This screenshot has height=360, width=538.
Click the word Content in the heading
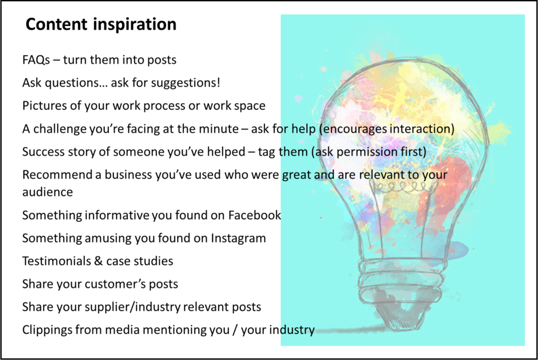pyautogui.click(x=57, y=24)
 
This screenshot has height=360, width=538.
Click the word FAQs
pyautogui.click(x=36, y=60)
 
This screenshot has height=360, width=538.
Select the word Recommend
pyautogui.click(x=57, y=174)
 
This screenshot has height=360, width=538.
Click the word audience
pyautogui.click(x=47, y=192)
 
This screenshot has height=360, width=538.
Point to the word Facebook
pyautogui.click(x=255, y=215)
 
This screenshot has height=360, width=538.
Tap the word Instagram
pyautogui.click(x=238, y=238)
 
